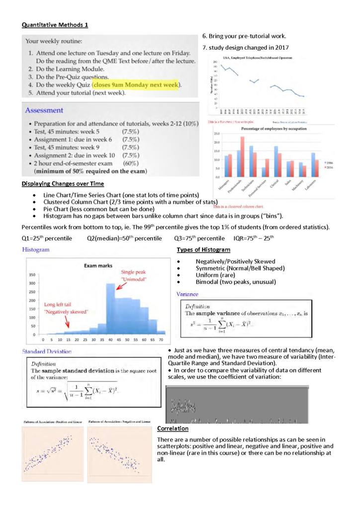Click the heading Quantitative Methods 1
point(55,25)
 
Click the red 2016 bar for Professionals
point(243,157)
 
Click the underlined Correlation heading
point(172,428)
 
